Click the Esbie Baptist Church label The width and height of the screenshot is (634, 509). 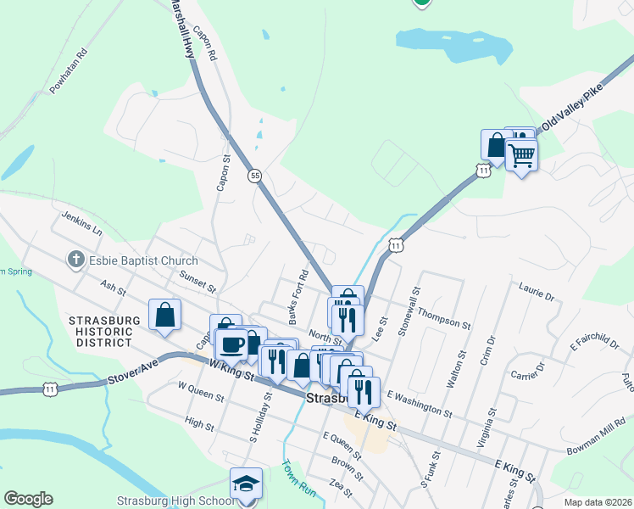click(x=143, y=261)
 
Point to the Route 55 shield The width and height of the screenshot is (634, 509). click(x=254, y=176)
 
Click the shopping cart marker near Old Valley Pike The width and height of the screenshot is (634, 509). click(x=521, y=155)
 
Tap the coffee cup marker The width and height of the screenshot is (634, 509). click(x=232, y=344)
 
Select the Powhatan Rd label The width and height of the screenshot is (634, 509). click(x=69, y=72)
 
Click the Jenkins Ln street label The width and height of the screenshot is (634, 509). click(x=81, y=224)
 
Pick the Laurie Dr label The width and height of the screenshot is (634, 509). click(x=536, y=296)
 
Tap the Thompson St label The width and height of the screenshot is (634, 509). click(x=442, y=318)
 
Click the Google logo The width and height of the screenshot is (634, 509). click(x=28, y=499)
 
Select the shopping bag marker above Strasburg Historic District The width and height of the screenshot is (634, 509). click(x=164, y=314)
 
